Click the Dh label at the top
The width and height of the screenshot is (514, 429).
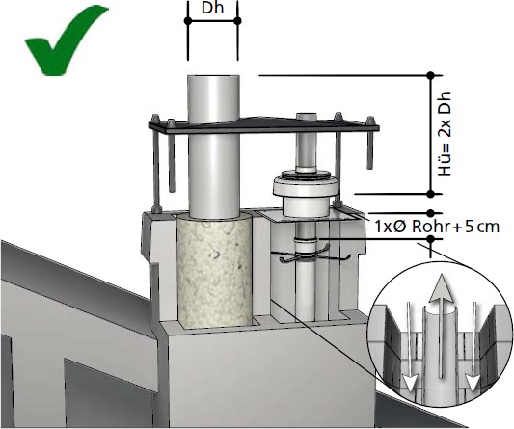(213, 8)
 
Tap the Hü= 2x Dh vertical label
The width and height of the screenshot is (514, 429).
(445, 134)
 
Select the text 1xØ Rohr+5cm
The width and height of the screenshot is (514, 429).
(437, 227)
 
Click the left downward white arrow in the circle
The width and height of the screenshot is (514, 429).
(410, 347)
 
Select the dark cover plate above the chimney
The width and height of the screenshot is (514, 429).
(263, 125)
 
